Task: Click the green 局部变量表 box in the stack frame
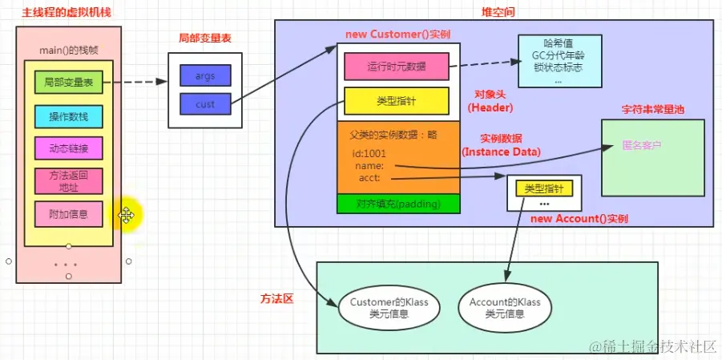pos(68,82)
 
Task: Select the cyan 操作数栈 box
pos(68,116)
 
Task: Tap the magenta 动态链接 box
pos(68,148)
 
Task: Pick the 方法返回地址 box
pos(68,181)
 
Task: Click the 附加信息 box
pos(68,214)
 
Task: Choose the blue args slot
pos(204,75)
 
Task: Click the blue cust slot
pos(204,104)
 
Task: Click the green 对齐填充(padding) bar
pos(399,204)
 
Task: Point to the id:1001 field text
pos(370,152)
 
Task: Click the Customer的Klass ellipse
pos(378,308)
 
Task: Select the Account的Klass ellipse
pos(504,308)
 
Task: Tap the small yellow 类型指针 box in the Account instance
pos(543,188)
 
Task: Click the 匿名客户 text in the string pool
pos(641,147)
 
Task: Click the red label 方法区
pos(276,298)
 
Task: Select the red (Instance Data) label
pos(500,152)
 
